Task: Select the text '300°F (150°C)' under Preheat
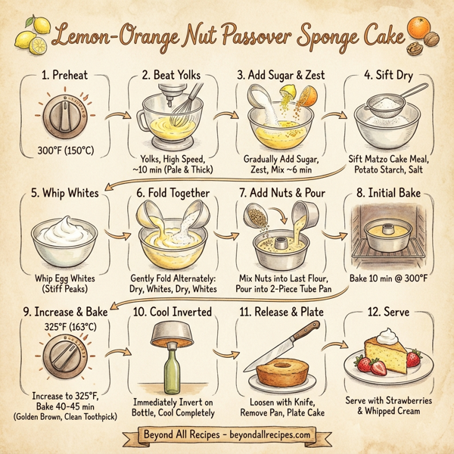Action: [x=65, y=151]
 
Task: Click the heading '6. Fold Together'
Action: [x=172, y=193]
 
